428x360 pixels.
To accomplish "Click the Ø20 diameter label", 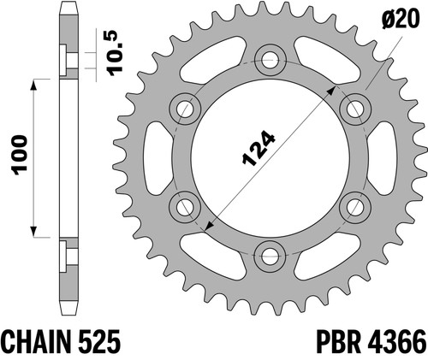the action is pyautogui.click(x=401, y=19).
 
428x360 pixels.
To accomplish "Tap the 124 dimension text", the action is pyautogui.click(x=259, y=149).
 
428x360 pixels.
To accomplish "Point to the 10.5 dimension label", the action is pyautogui.click(x=116, y=53).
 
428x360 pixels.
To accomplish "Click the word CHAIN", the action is pyautogui.click(x=37, y=342).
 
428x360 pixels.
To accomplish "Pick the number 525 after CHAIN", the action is pyautogui.click(x=98, y=342).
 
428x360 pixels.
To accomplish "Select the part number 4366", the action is pyautogui.click(x=397, y=342).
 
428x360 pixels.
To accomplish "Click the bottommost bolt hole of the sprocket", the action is pyautogui.click(x=270, y=256).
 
